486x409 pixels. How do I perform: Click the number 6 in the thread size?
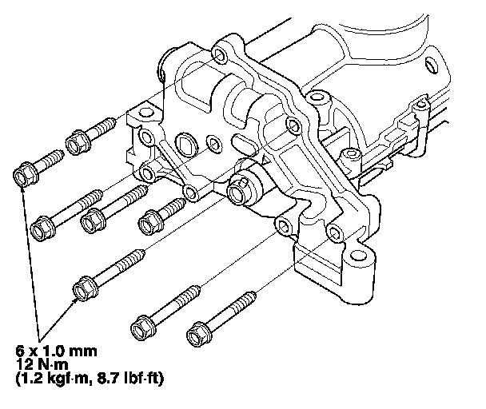pos(20,350)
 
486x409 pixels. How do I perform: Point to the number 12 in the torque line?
pos(25,363)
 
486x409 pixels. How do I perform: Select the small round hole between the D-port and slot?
pos(214,144)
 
